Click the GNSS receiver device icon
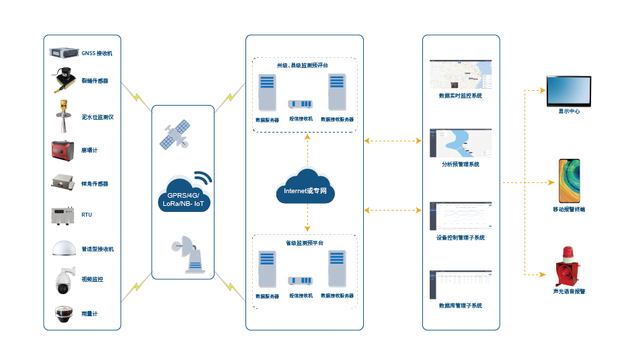(x=64, y=52)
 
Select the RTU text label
(x=87, y=215)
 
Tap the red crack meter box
(x=65, y=150)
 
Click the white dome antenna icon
(x=65, y=248)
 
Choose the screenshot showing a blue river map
(x=461, y=142)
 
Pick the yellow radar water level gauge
(x=65, y=116)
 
